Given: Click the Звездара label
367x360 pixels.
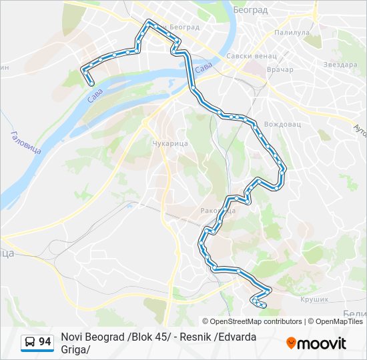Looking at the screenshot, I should pyautogui.click(x=340, y=65).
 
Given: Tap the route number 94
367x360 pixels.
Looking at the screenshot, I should pyautogui.click(x=45, y=342).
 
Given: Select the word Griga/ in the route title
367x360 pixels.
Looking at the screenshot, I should pyautogui.click(x=75, y=349).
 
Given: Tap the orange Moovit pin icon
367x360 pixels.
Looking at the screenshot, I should pyautogui.click(x=291, y=343).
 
